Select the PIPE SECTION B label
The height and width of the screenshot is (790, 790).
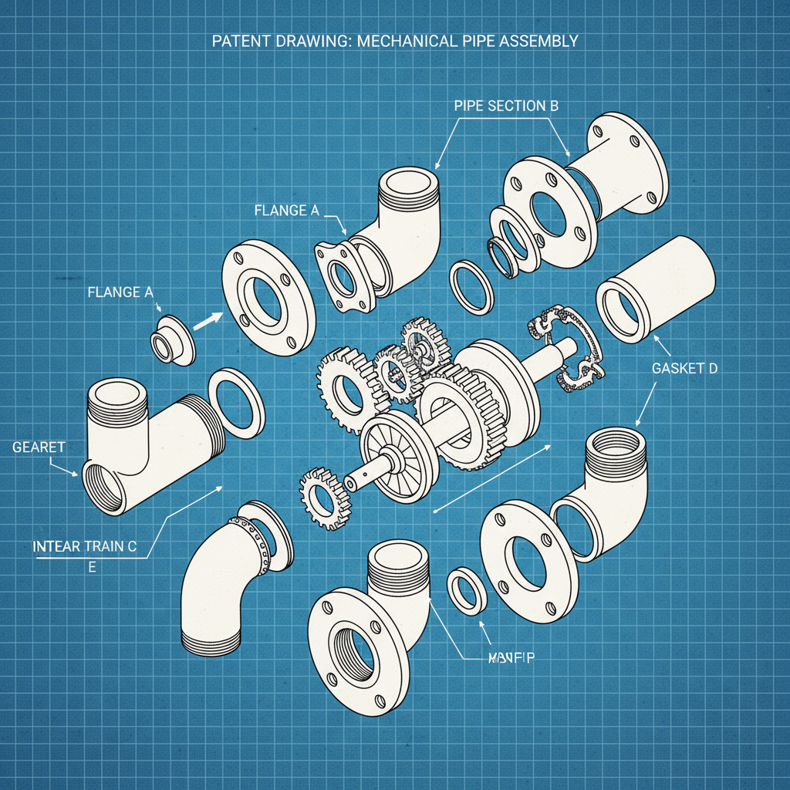click(505, 106)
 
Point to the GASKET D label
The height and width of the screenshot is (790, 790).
click(684, 369)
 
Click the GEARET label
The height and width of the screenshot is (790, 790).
click(39, 447)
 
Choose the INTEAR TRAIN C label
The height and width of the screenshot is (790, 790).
click(84, 547)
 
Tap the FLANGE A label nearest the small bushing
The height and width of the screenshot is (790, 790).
click(120, 292)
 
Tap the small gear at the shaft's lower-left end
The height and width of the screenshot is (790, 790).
click(323, 498)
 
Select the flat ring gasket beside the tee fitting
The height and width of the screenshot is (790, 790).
click(237, 403)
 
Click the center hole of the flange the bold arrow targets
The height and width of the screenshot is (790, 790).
click(267, 295)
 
